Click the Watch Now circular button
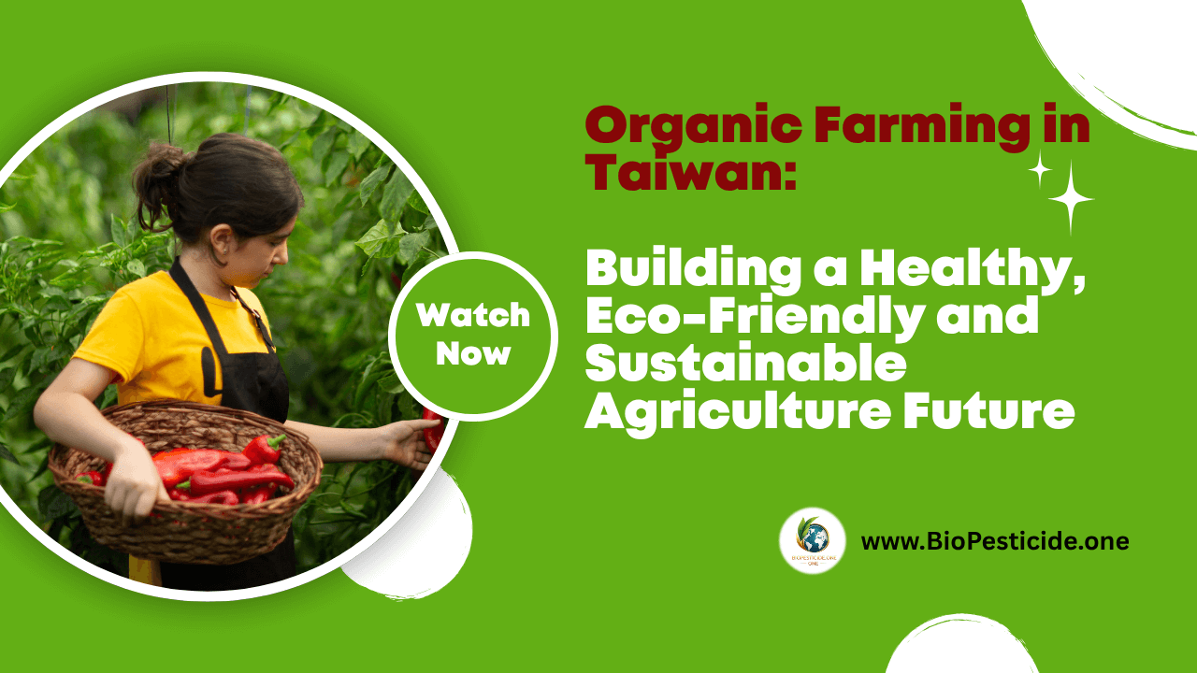[x=473, y=334]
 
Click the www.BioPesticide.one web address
[x=994, y=541]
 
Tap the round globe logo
[x=813, y=540]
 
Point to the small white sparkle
[x=1039, y=169]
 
